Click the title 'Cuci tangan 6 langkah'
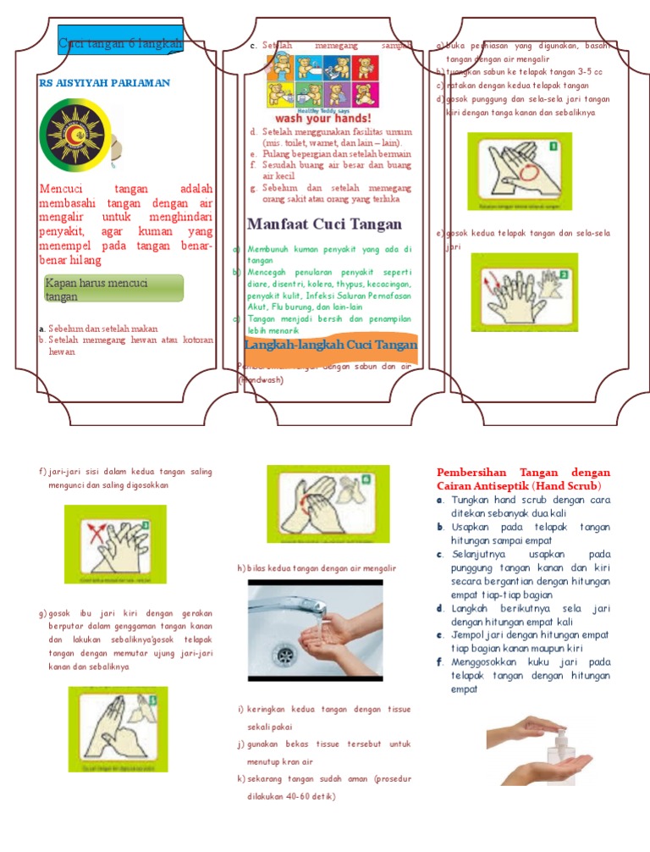(x=120, y=43)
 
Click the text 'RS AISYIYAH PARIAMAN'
(x=105, y=83)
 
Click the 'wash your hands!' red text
(x=323, y=119)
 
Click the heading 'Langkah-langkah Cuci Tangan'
(x=330, y=345)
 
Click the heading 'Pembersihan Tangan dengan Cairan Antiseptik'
(x=522, y=479)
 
